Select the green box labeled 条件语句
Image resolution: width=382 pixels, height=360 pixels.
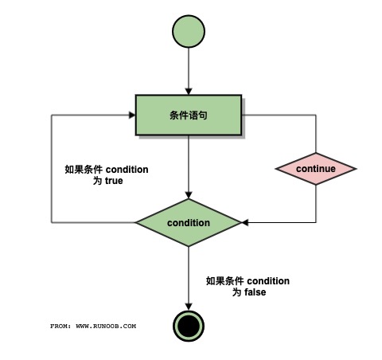(x=189, y=115)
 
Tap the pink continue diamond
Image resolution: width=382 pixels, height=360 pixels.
(x=316, y=169)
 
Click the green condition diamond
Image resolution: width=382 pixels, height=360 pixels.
(x=189, y=222)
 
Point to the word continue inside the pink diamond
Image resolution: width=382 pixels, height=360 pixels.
(x=316, y=169)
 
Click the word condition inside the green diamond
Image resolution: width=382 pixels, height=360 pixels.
(x=189, y=222)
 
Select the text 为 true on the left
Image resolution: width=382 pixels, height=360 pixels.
(x=108, y=181)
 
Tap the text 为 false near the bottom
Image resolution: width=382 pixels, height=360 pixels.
(x=248, y=292)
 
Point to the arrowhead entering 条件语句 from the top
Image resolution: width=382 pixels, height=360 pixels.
(x=189, y=91)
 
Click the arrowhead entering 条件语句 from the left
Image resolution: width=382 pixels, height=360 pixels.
(x=131, y=115)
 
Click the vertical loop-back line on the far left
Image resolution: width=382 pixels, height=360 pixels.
(x=53, y=169)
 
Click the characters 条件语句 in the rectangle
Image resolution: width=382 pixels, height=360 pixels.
(x=189, y=115)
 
